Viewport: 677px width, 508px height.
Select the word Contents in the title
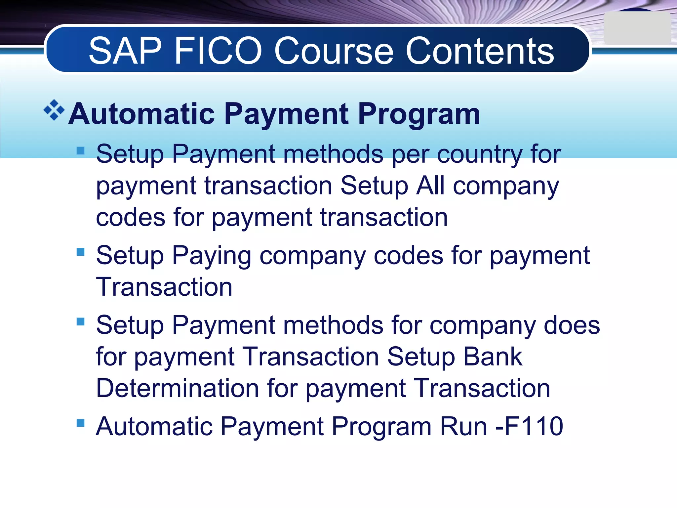(x=480, y=51)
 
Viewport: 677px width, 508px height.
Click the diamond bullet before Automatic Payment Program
(x=54, y=110)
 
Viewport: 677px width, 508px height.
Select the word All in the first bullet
(x=430, y=186)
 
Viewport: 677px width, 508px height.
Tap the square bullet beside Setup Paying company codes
(x=81, y=252)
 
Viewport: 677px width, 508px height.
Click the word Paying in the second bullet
(x=212, y=256)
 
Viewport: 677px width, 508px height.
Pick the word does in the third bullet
(x=572, y=325)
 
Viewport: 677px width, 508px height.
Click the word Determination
(x=178, y=388)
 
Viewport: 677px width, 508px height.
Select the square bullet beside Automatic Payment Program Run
(x=81, y=423)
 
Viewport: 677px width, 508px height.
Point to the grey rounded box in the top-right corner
(x=637, y=28)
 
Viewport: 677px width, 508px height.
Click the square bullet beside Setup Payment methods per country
(x=81, y=151)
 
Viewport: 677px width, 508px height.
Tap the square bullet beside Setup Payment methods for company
(x=81, y=321)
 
